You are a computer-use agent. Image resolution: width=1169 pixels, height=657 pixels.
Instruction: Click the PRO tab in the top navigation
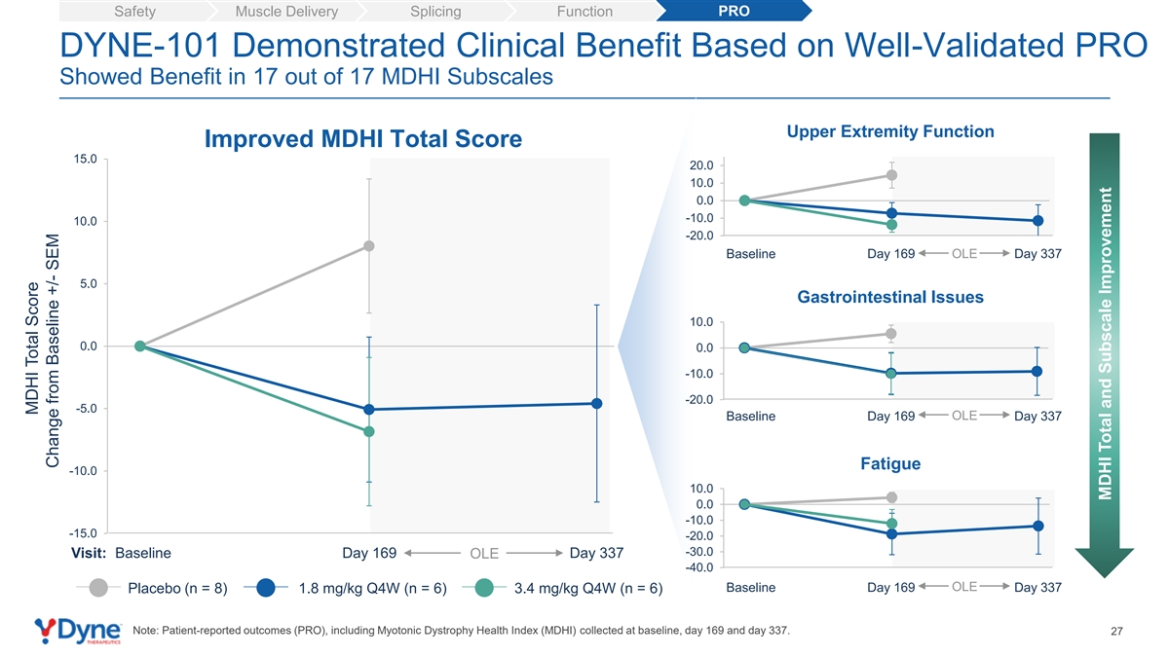(x=734, y=11)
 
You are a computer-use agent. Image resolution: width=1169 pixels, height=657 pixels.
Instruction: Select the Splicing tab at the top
(x=435, y=11)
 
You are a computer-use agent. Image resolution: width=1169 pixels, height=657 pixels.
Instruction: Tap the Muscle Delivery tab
(x=286, y=11)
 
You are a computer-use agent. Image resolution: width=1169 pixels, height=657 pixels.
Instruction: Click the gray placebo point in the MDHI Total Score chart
(x=369, y=246)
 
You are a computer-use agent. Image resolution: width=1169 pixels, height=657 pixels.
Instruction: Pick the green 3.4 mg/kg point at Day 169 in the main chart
(x=369, y=432)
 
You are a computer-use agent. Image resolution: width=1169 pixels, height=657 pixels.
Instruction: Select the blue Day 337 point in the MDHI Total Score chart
(x=596, y=404)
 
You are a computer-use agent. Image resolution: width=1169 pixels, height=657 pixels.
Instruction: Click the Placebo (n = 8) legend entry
(x=151, y=588)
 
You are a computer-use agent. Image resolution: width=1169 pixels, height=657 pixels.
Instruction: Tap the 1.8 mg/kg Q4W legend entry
(x=346, y=588)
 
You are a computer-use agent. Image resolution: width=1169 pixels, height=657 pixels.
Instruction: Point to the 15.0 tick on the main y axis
(x=85, y=159)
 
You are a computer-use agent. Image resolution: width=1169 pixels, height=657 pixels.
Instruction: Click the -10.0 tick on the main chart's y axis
(x=83, y=471)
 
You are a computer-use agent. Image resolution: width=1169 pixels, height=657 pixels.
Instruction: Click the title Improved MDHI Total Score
(x=363, y=138)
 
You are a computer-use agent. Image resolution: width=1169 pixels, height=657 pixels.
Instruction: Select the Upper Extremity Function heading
(x=890, y=131)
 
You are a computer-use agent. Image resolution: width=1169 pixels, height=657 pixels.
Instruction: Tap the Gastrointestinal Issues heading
(x=890, y=297)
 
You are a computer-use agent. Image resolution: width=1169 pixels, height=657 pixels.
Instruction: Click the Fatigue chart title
(x=890, y=463)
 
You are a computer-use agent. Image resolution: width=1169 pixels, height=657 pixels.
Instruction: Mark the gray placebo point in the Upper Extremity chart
(x=892, y=175)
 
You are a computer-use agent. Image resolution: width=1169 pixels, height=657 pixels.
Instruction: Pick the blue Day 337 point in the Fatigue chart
(x=1038, y=527)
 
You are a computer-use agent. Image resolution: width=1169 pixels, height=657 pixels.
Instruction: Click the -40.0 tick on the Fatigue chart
(x=699, y=567)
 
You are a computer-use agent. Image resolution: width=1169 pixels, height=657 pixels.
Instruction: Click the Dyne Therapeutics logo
(x=78, y=631)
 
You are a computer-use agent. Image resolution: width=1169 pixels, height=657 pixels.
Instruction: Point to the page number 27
(x=1116, y=632)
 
